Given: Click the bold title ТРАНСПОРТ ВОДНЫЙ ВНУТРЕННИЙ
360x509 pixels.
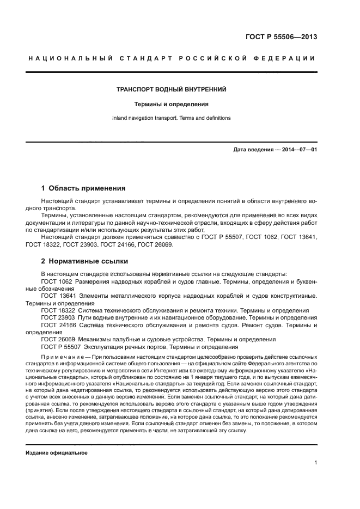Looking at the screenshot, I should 172,89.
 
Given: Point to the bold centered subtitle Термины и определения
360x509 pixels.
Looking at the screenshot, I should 172,103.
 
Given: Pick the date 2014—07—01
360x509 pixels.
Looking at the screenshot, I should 298,150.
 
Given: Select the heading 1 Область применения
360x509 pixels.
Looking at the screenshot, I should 83,188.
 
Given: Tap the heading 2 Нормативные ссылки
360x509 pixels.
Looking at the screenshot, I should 81,260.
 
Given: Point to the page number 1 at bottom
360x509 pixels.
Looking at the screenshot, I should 316,463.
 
